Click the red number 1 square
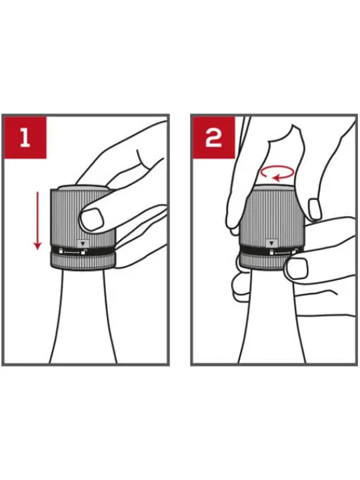(x=25, y=137)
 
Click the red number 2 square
(x=213, y=137)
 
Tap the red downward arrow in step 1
(x=37, y=221)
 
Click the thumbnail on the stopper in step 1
(x=92, y=219)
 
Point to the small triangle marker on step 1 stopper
(x=83, y=244)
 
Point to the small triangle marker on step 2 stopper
(x=271, y=244)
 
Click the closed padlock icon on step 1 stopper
(x=61, y=251)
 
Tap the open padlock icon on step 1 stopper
(x=83, y=252)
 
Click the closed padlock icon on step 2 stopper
(x=271, y=252)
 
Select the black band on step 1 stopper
(x=83, y=251)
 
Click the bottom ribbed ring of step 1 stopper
(x=83, y=263)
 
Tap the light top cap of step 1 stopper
(x=82, y=188)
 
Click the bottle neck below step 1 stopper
(x=83, y=317)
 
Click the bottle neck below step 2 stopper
(x=272, y=317)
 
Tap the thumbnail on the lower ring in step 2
(x=297, y=268)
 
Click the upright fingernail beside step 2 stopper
(x=315, y=209)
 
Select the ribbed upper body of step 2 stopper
(x=271, y=217)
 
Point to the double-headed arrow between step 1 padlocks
(x=71, y=252)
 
